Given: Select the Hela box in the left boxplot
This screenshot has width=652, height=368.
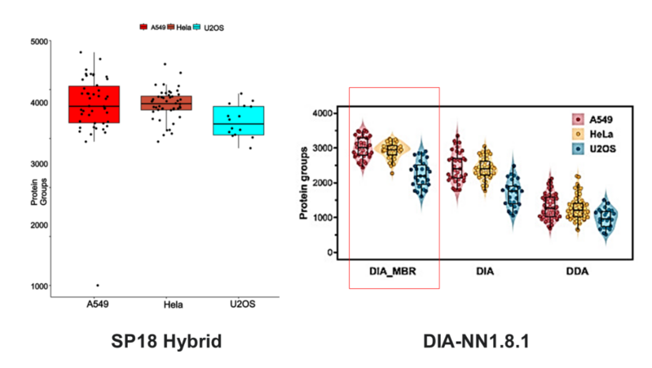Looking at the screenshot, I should point(166,103).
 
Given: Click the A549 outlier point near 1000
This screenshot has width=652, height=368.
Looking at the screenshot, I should point(98,286).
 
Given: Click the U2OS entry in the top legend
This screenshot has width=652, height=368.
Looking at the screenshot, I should point(211,28).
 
